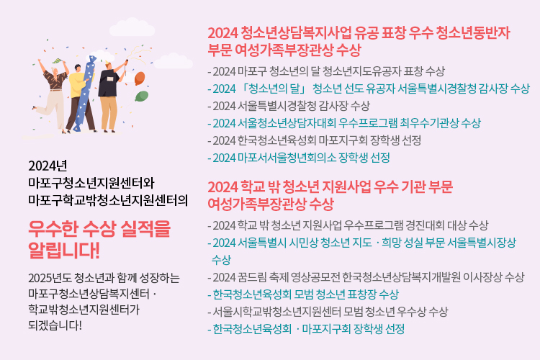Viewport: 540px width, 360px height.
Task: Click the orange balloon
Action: point(139,78)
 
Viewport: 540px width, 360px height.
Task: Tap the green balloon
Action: point(142,96)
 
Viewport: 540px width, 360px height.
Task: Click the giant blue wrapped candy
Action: point(85,94)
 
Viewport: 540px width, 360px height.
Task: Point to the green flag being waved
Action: point(58,61)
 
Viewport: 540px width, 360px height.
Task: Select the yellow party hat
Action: point(108,63)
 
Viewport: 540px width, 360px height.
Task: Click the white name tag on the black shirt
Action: point(110,78)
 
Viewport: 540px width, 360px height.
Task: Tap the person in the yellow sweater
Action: point(80,97)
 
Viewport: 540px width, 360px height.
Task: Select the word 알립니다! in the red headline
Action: point(64,250)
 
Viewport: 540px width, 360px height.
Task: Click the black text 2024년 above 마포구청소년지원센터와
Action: point(48,166)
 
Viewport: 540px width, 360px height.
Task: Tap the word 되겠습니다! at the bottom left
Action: point(55,325)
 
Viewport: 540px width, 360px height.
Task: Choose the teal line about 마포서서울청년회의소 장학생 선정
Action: point(299,158)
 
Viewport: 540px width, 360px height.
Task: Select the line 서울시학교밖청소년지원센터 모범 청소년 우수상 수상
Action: point(328,312)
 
